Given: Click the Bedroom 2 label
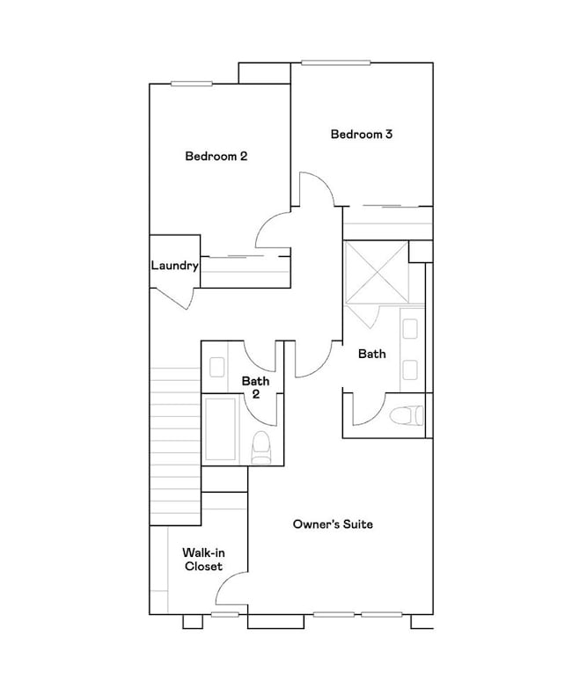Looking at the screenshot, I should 216,157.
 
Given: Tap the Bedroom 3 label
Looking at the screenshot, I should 361,135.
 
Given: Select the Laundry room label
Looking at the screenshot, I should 174,266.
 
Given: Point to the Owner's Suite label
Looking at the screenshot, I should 333,524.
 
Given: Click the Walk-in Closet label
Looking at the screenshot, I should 202,560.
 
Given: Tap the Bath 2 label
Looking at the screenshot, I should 255,387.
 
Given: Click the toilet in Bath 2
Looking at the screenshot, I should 261,448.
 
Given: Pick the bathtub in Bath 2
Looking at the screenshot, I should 220,430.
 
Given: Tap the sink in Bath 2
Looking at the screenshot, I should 218,367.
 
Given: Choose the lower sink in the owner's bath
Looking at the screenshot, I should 411,369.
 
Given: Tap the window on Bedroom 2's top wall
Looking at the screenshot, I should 192,84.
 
